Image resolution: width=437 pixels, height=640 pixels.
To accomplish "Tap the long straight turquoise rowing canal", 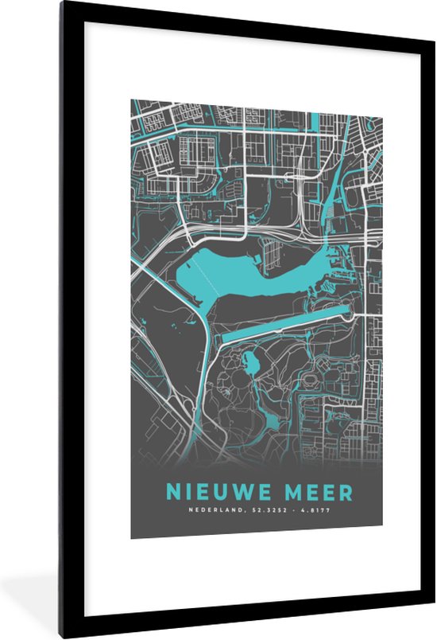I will tap(286, 323).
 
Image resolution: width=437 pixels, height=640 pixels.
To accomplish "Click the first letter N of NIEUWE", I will tap(172, 491).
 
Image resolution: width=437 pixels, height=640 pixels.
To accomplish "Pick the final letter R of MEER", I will tap(346, 491).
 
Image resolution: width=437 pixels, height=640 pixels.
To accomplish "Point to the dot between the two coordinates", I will tap(290, 510).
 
